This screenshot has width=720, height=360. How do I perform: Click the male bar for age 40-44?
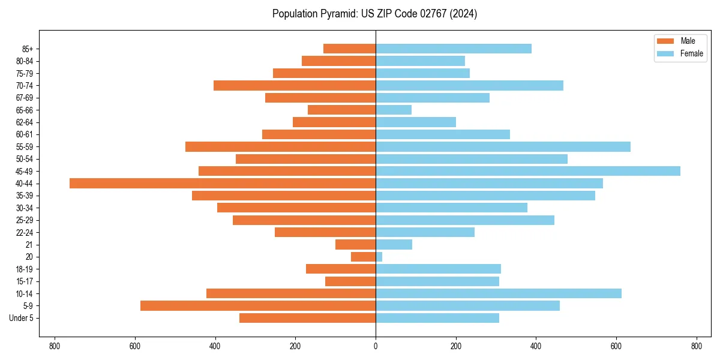[223, 183]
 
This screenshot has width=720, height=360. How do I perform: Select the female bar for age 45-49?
[528, 171]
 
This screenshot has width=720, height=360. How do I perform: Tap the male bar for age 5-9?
[258, 306]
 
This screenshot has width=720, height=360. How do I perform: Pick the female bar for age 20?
[379, 257]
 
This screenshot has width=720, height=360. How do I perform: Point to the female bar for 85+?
[454, 49]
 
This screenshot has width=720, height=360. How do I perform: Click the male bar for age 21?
[356, 244]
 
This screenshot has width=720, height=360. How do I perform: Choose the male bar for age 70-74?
[295, 85]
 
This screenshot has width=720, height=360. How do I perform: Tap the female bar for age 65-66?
[394, 110]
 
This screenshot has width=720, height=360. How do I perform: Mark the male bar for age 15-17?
[350, 281]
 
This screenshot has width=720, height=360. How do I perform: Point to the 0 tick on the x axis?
[376, 346]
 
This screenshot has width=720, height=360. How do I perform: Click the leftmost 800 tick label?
[55, 346]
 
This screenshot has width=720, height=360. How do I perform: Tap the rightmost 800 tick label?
[696, 346]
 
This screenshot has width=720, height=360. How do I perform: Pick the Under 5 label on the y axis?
[21, 318]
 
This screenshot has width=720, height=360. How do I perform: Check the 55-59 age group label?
[25, 147]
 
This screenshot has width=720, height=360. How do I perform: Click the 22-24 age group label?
[25, 232]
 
